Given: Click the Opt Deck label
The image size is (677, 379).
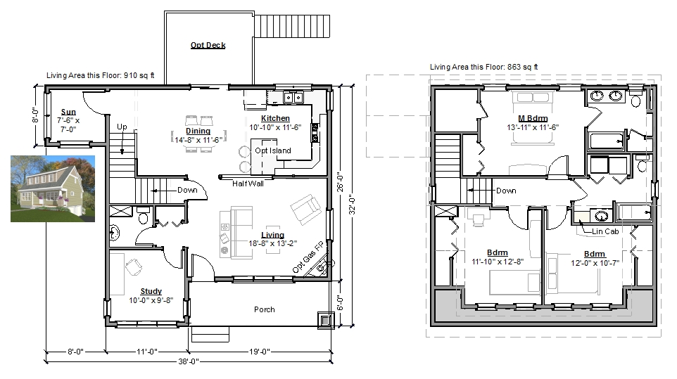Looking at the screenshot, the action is (x=208, y=45).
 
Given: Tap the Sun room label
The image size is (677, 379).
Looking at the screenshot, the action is (x=68, y=112).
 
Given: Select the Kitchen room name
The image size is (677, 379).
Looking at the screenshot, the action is (x=275, y=118).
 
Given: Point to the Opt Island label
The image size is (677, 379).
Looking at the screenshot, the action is (x=273, y=150).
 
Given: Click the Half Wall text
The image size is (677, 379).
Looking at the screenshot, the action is (x=248, y=184).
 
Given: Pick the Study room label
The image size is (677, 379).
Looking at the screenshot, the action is (x=151, y=292).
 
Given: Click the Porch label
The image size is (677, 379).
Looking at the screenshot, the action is (x=264, y=309).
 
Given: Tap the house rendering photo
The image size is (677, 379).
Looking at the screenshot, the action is (x=53, y=189).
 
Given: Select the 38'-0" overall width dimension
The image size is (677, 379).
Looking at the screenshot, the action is (x=189, y=361).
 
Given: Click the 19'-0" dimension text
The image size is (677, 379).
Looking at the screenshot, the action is (x=260, y=352).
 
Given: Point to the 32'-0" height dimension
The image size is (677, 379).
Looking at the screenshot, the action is (x=352, y=205).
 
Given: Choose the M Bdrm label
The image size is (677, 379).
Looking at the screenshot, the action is (x=533, y=119).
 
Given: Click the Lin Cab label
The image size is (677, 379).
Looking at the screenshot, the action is (x=605, y=231).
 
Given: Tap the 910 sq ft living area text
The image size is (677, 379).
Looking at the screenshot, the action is (x=139, y=75).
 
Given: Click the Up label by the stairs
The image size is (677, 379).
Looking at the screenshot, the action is (x=122, y=127).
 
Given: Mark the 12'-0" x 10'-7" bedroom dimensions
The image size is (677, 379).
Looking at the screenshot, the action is (x=595, y=263).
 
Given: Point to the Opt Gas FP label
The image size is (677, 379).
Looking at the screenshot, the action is (x=308, y=257).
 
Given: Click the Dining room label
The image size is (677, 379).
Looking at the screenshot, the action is (x=198, y=131).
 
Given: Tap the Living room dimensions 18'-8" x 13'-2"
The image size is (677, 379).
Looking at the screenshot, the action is (x=273, y=243).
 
